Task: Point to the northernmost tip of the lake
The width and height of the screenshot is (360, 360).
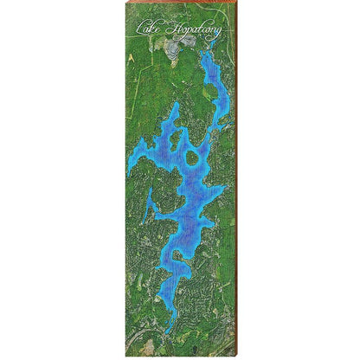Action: tap(204, 54)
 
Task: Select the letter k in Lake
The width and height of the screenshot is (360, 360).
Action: tap(154, 32)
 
